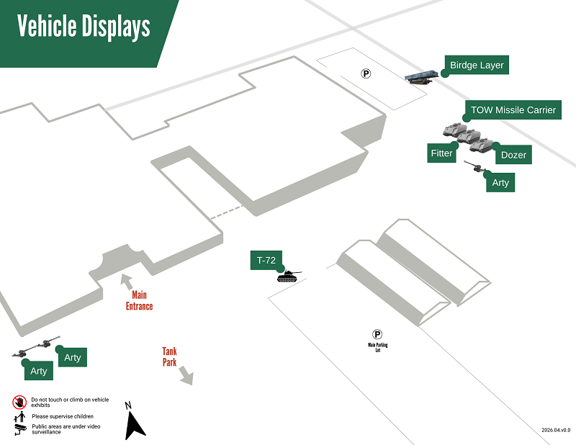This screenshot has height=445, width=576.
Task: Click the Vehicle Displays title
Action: coord(84,27)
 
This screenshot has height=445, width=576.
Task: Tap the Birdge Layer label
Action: coord(477,66)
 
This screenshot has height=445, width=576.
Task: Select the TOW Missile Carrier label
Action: coord(513,110)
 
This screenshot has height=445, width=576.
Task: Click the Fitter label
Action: coord(441,153)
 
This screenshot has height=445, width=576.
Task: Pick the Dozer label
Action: coord(513,155)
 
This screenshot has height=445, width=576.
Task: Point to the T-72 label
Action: coord(266,260)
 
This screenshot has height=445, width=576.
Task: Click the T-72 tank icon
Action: coord(289,275)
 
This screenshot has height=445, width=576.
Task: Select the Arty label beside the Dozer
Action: coord(500,183)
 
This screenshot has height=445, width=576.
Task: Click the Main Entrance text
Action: coord(139,300)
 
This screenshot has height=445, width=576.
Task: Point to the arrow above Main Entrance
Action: coord(126,280)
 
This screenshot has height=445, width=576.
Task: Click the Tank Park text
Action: coord(169,356)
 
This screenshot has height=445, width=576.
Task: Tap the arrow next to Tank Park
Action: coord(186,375)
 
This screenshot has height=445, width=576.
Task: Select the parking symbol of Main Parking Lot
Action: coord(377,334)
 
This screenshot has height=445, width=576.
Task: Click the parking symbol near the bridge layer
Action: coord(366,73)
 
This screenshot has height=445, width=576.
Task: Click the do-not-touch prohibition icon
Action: coord(19,401)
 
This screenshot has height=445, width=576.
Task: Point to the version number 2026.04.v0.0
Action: coord(556,430)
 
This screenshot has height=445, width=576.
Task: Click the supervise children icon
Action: coord(19,416)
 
